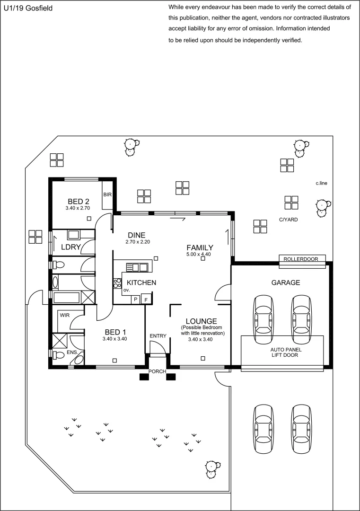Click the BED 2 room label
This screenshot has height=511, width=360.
coord(78,201)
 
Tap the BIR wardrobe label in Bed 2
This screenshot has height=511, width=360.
coord(107,195)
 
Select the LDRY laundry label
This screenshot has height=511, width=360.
coord(71,247)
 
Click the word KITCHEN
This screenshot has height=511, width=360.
coord(141,282)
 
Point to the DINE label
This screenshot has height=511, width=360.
coord(137,235)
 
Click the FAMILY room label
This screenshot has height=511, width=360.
coord(200,247)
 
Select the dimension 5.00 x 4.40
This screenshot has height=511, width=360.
coord(199,255)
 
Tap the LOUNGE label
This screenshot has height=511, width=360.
coord(201,321)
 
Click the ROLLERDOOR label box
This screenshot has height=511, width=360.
coord(304,259)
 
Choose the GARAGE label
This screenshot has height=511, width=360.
coord(285,282)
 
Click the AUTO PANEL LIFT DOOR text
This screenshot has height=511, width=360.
coord(284,352)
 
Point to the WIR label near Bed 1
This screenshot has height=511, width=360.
coord(64,314)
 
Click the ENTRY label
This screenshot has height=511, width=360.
coord(158,336)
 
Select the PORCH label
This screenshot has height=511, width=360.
coord(157,371)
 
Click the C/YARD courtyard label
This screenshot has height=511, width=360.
coord(288,220)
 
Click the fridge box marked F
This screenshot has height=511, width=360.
coord(146,300)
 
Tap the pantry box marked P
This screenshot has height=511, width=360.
coord(136,300)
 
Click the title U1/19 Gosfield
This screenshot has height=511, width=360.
coord(28,9)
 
